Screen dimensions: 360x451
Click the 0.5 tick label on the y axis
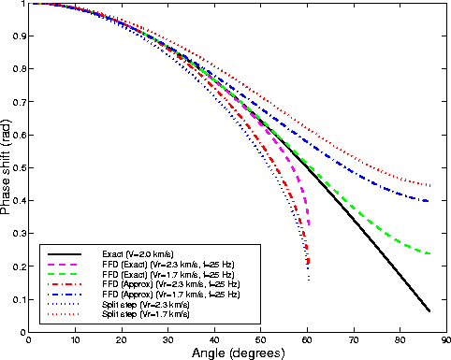click(19, 168)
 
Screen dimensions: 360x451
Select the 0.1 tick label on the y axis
click(19, 299)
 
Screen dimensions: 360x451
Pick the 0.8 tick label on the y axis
click(19, 70)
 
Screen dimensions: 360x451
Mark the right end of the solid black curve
click(429, 310)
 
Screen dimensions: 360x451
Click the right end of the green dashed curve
click(429, 253)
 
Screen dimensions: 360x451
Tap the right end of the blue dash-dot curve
click(429, 201)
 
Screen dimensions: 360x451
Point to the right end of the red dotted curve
click(429, 186)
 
